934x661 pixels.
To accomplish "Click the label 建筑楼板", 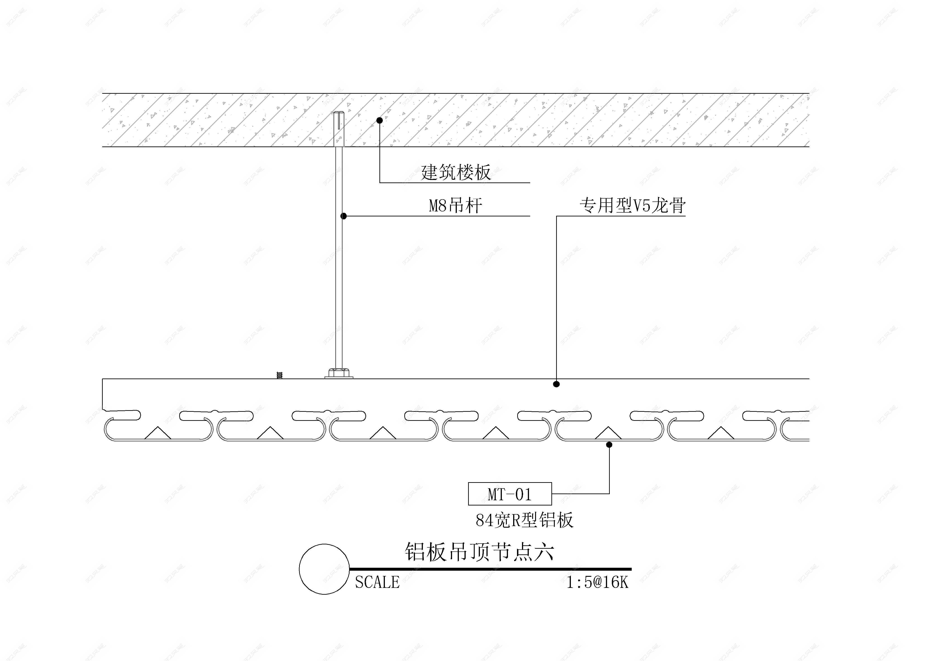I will point(456,172).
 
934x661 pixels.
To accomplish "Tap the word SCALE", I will point(377,582).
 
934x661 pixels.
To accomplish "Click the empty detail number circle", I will point(324,569).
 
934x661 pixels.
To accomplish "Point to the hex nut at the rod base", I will point(338,372).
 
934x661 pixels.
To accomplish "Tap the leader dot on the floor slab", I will point(379,120).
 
